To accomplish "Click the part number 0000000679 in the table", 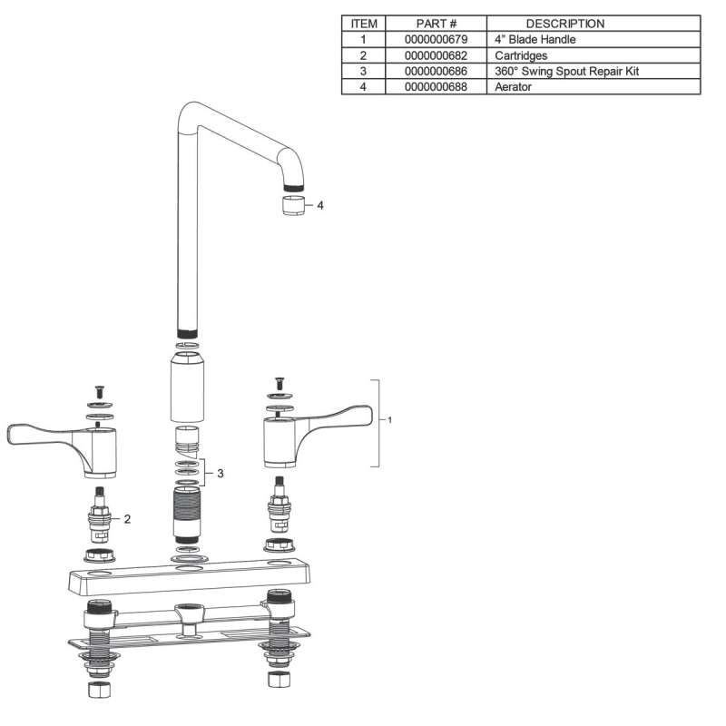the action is point(436,39).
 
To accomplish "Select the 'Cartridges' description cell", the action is point(521,55).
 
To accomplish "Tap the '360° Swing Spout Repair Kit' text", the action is point(566,72).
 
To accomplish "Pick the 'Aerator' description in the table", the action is point(513,86).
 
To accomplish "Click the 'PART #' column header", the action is point(437,24).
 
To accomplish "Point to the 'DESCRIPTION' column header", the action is point(565,24).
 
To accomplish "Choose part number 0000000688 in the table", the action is point(436,86).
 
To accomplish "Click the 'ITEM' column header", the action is point(364,24).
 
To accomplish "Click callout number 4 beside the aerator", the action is point(320,205).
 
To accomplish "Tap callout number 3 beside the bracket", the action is point(221,473).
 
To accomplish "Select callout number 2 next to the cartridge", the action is point(127,519).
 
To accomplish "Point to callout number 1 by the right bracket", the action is point(390,420).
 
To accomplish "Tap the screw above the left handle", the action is point(99,392).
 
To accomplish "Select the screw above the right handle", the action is point(280,383).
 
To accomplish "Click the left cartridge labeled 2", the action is point(100,515).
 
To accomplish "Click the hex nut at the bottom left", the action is point(99,690).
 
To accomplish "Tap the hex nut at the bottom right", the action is point(280,679).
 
